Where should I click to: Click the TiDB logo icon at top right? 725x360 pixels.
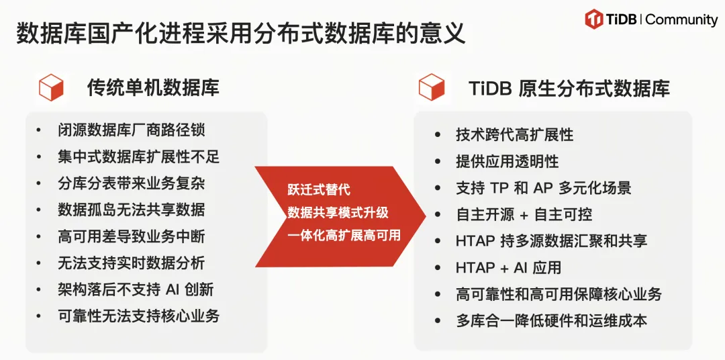pyautogui.click(x=593, y=19)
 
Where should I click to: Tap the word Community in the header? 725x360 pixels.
pyautogui.click(x=681, y=19)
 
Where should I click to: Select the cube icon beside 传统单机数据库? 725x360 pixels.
pyautogui.click(x=51, y=87)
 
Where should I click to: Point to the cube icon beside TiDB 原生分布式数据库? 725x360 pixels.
pyautogui.click(x=432, y=87)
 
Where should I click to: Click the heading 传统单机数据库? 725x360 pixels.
pyautogui.click(x=153, y=87)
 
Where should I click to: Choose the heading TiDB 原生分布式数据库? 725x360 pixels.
pyautogui.click(x=569, y=88)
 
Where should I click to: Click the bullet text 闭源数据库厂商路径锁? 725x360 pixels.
pyautogui.click(x=132, y=130)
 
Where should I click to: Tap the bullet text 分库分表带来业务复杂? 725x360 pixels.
pyautogui.click(x=132, y=183)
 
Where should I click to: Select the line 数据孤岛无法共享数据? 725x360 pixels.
pyautogui.click(x=132, y=210)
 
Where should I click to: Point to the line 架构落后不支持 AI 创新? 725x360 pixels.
pyautogui.click(x=136, y=289)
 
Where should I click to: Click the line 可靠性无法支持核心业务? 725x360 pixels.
pyautogui.click(x=139, y=316)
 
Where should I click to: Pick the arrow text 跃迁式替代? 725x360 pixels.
pyautogui.click(x=319, y=189)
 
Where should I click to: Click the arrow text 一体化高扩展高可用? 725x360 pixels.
pyautogui.click(x=344, y=236)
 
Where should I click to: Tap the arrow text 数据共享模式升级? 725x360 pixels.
pyautogui.click(x=338, y=213)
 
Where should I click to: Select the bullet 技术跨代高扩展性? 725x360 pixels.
pyautogui.click(x=515, y=134)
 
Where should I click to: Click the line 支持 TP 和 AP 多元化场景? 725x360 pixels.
pyautogui.click(x=544, y=188)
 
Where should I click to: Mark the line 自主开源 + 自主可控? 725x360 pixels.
pyautogui.click(x=524, y=215)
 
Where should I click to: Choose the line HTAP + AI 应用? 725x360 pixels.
pyautogui.click(x=508, y=268)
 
